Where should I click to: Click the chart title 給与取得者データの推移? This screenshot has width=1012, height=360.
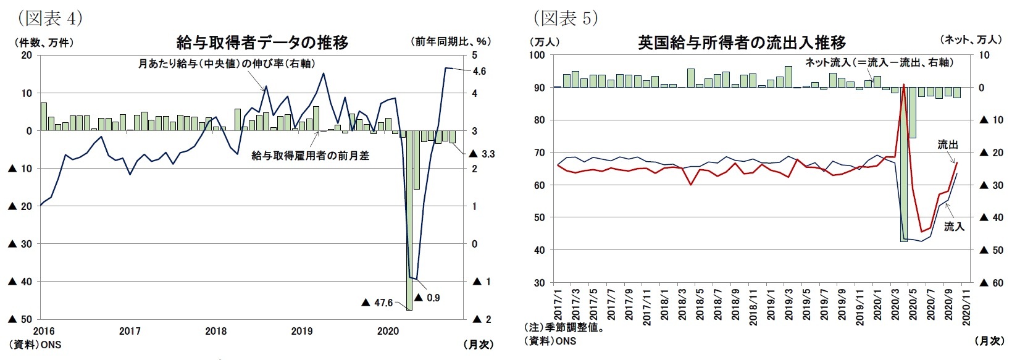tap(262, 42)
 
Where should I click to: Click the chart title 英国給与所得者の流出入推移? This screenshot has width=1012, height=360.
tap(742, 43)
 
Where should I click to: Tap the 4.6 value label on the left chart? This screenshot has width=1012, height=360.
tap(479, 71)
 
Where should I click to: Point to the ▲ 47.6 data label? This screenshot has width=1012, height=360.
tap(377, 303)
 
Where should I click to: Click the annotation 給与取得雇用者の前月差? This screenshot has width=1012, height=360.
tap(310, 156)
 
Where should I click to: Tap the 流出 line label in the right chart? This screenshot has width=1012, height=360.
tap(947, 144)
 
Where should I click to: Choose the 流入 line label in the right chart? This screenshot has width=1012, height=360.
tap(953, 227)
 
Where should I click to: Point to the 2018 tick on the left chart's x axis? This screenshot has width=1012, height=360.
tap(215, 331)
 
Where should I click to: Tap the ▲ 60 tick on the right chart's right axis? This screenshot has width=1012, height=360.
tap(989, 283)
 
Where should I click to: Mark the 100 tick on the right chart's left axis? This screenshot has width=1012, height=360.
tap(537, 55)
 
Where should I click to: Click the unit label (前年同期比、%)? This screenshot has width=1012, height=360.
tap(450, 41)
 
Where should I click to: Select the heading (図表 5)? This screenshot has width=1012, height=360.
tap(566, 18)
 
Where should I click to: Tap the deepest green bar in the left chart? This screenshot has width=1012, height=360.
tap(409, 220)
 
